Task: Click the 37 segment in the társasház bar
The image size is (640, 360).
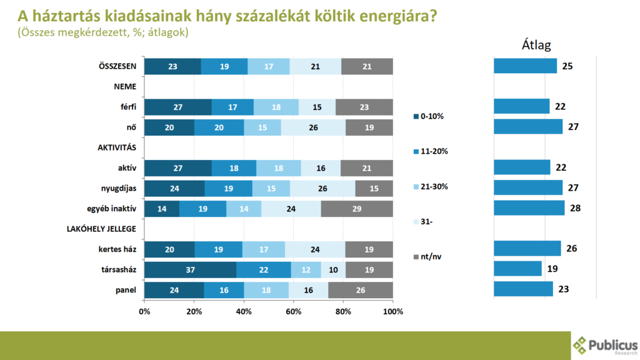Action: [x=190, y=269]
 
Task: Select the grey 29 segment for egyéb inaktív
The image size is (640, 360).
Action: [x=357, y=209]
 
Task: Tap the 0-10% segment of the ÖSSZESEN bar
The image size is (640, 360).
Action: [x=172, y=66]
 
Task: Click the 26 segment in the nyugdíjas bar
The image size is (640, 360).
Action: [x=322, y=188]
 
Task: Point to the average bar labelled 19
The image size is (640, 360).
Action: [x=517, y=269]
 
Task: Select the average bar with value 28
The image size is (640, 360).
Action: [x=529, y=208]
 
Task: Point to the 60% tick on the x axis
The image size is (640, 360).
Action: [x=293, y=311]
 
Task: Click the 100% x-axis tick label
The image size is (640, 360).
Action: [x=392, y=311]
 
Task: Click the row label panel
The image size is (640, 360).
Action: [x=127, y=289]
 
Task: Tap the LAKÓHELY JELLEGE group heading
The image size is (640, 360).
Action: [x=101, y=229]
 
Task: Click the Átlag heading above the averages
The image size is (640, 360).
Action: [x=536, y=45]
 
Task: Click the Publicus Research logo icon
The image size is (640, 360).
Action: [x=581, y=345]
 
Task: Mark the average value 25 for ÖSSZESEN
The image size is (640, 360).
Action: [x=567, y=66]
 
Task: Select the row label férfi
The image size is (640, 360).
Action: [x=128, y=107]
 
